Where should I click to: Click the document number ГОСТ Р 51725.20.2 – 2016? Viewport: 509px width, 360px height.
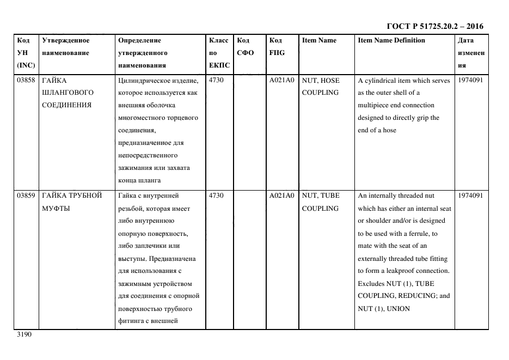click(x=434, y=26)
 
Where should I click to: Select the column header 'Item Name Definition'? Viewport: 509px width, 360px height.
click(x=391, y=40)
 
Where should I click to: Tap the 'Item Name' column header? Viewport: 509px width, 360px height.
click(x=319, y=40)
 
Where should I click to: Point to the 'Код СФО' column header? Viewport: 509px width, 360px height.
click(x=243, y=47)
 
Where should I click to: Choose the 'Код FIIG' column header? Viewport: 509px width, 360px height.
click(x=277, y=47)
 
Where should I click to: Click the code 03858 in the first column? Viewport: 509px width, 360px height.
click(x=26, y=81)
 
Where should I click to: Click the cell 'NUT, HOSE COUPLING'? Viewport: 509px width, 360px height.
click(x=321, y=87)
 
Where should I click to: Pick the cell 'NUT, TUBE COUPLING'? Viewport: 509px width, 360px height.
click(x=321, y=202)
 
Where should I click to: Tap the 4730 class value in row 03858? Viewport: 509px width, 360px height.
click(x=216, y=81)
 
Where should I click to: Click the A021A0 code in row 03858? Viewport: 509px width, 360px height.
click(x=281, y=81)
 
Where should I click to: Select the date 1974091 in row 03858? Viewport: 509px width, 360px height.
click(x=470, y=81)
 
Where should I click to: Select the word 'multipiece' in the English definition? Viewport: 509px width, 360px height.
click(x=375, y=105)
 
